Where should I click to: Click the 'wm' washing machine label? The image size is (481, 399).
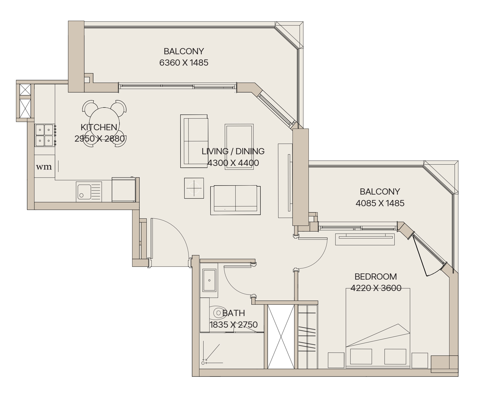[44, 167]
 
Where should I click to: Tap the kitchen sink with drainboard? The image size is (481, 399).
[89, 191]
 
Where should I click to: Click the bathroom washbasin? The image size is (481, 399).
[209, 280]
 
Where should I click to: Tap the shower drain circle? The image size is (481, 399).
[203, 363]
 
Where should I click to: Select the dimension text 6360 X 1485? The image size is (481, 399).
[184, 63]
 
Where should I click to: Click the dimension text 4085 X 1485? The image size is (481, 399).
[380, 203]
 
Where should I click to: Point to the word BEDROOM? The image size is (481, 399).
[375, 277]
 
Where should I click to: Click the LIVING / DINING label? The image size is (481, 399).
[233, 151]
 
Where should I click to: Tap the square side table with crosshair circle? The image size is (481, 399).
[194, 188]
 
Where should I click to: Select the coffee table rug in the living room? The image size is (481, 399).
[239, 147]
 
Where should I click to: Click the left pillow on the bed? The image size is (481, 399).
[361, 356]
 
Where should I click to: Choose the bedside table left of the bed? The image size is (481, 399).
[336, 360]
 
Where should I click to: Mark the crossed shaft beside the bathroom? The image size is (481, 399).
[281, 337]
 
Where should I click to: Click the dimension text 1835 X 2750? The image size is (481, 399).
[234, 325]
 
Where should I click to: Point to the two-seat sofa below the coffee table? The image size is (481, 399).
[235, 200]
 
